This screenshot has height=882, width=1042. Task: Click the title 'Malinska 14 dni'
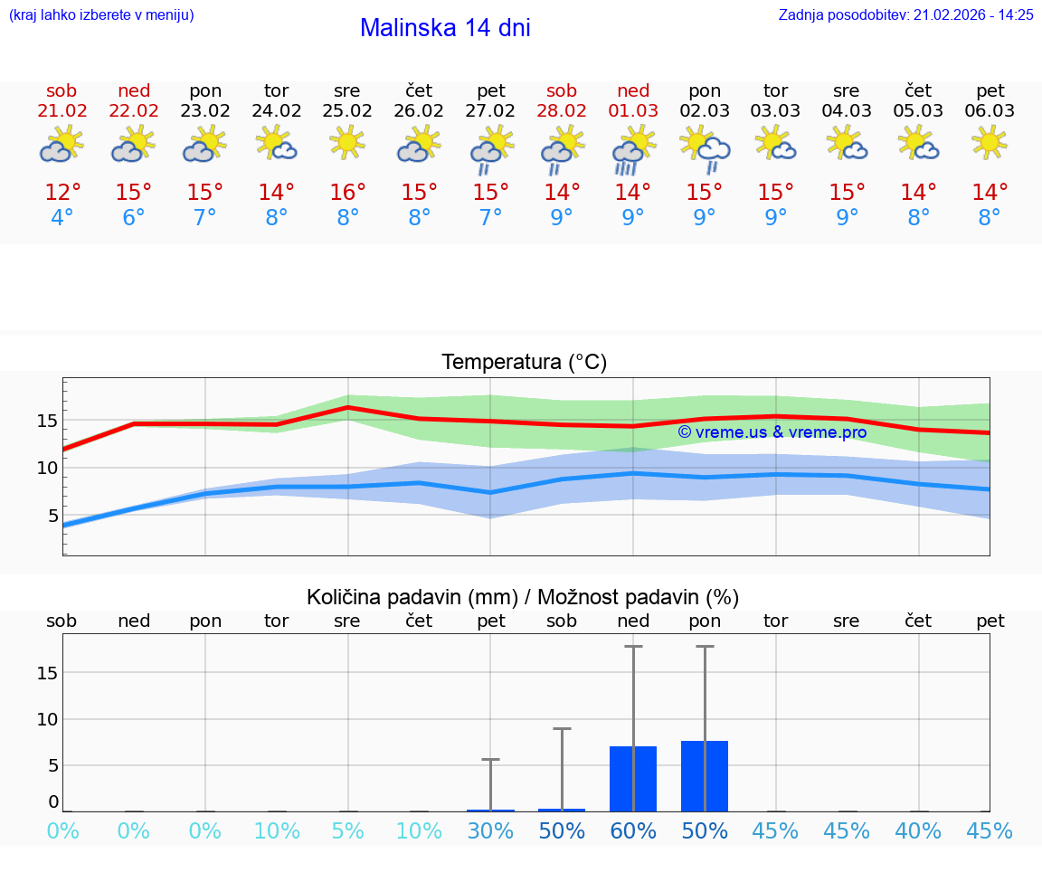coord(445,28)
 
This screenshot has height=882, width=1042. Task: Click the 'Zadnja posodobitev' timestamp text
coord(905,14)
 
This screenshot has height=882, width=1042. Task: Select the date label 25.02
coord(346,111)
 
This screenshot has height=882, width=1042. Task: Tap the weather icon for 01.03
coord(633,150)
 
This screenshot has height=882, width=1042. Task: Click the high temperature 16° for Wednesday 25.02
coord(347,193)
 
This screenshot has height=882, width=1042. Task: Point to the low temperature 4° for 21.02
coord(62,218)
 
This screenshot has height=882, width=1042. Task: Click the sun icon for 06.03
coord(990,142)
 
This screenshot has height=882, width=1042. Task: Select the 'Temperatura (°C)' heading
coord(524,363)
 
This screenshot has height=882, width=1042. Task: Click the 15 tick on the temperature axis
coord(47,421)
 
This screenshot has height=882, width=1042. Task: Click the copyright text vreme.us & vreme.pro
coord(772,432)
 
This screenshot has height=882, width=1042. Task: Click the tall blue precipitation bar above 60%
coord(633,778)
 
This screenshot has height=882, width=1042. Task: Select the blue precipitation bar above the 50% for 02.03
coord(705,775)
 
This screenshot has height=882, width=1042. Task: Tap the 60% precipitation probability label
coord(633,830)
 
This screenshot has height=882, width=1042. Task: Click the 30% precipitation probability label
coord(490,830)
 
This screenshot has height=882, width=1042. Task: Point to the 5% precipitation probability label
coord(347,830)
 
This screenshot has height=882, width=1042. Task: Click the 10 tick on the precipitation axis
coord(47,719)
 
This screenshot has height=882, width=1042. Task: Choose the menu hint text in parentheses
coord(101,14)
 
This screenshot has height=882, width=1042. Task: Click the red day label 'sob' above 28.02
coord(562,90)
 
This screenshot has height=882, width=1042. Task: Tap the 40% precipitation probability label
coord(918,830)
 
